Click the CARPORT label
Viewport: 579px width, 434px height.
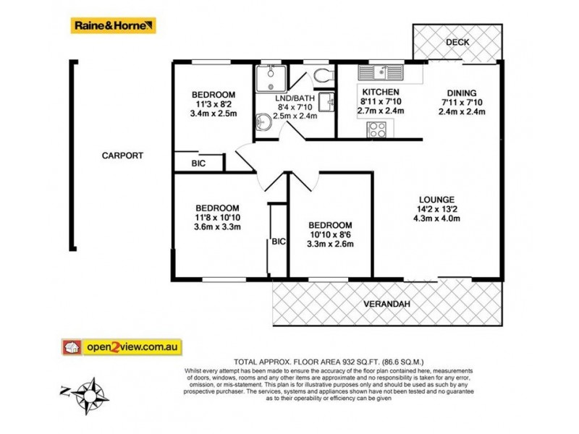[122, 155]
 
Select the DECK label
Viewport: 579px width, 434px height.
[457, 42]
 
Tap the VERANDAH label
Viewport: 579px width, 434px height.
[386, 304]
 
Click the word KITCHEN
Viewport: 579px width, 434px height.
[381, 92]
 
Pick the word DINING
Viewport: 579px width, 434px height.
[461, 92]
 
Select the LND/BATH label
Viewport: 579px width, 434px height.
[295, 97]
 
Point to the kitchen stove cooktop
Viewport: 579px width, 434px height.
[377, 129]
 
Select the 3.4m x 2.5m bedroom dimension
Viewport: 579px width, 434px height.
[213, 114]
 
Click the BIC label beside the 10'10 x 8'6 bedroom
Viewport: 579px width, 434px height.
[278, 242]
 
